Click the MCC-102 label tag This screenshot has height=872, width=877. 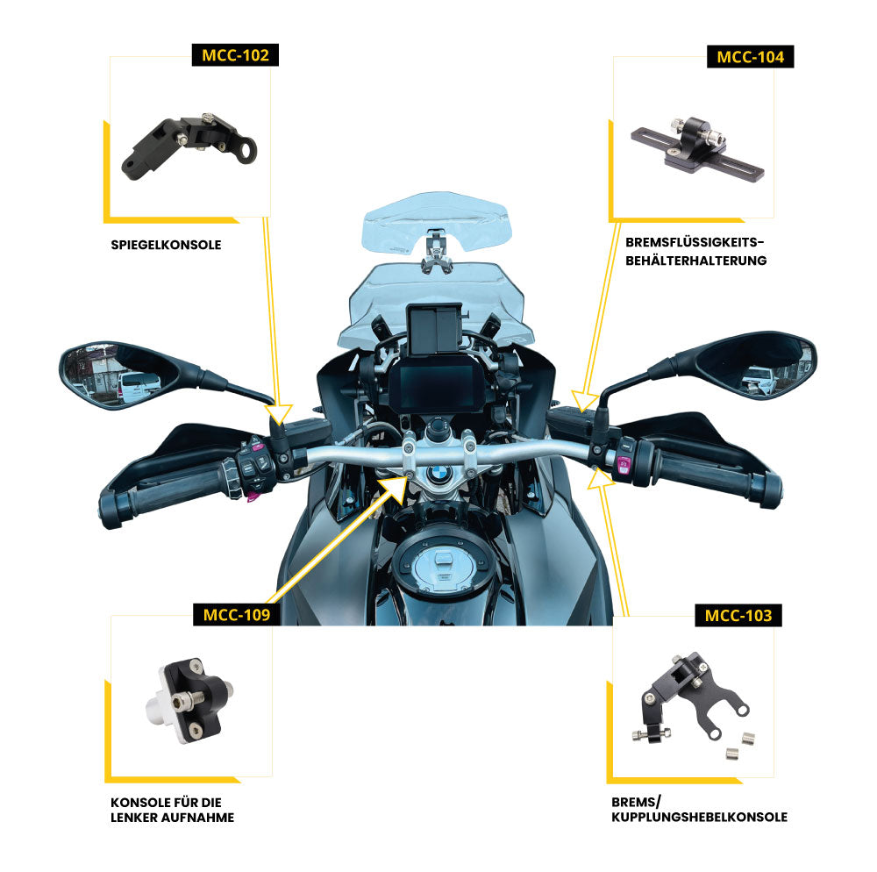point(236,55)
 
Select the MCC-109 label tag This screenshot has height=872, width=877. point(236,614)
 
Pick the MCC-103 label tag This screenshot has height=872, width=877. point(738,615)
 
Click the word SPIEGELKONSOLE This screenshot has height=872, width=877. point(166,245)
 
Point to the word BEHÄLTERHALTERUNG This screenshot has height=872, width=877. point(696,261)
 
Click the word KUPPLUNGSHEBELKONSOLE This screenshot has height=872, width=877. point(699,817)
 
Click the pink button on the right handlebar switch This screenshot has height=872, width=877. point(624,465)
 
